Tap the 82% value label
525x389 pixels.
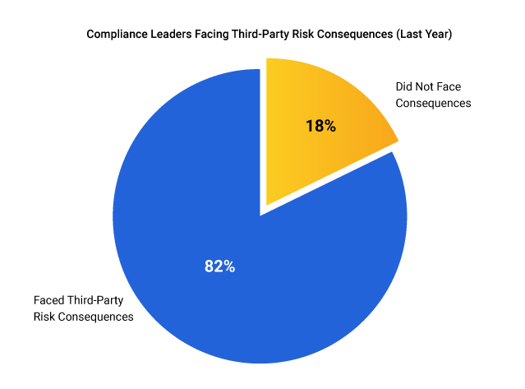219,266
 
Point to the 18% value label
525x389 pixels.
320,126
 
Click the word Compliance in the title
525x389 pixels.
117,35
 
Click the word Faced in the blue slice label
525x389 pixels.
50,300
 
